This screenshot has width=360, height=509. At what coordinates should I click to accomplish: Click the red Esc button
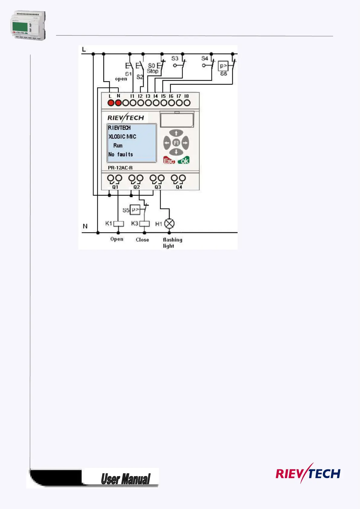click(x=169, y=161)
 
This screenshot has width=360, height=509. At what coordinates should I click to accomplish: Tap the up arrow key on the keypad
click(x=176, y=133)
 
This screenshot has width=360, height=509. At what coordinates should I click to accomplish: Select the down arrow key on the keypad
click(x=176, y=152)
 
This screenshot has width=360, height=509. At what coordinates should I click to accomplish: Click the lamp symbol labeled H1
click(x=169, y=224)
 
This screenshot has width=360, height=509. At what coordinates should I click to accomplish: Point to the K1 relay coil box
click(x=118, y=224)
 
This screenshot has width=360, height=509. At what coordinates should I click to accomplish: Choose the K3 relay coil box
click(x=144, y=224)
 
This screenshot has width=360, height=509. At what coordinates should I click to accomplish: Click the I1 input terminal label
click(x=132, y=96)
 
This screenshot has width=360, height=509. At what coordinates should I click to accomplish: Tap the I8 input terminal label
click(x=186, y=96)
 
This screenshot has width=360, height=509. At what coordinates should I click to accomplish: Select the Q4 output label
click(x=179, y=187)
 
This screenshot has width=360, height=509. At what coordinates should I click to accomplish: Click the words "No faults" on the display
click(x=121, y=154)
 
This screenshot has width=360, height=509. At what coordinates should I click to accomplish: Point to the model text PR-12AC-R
click(x=120, y=168)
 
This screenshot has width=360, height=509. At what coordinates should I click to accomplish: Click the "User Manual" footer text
click(x=125, y=479)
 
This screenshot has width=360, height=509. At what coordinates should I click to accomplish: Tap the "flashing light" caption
click(x=172, y=243)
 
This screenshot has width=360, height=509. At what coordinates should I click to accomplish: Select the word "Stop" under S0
click(x=153, y=71)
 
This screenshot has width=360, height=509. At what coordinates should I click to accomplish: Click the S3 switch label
click(x=175, y=58)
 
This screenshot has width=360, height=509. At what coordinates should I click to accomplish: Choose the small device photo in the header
click(x=28, y=26)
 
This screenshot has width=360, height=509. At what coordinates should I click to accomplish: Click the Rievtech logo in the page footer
click(x=308, y=474)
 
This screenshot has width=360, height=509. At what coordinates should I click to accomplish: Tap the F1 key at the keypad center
click(x=176, y=142)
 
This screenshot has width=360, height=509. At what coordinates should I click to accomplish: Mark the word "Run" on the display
click(x=118, y=145)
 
